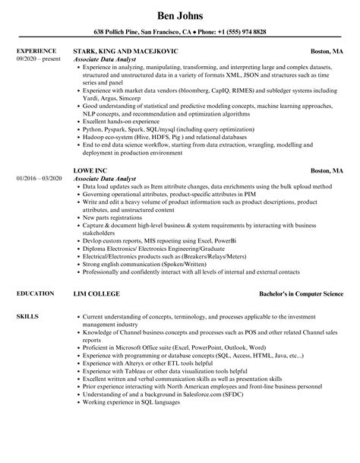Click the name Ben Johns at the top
179,14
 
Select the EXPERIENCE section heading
36,51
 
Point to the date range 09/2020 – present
38,59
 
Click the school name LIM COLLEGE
96,293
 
